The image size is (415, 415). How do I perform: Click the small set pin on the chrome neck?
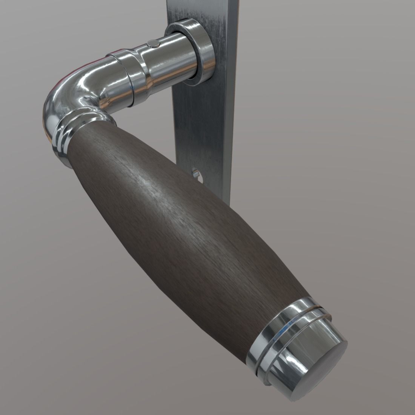pos(153,43)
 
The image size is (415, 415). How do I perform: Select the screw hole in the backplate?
pos(195,174)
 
